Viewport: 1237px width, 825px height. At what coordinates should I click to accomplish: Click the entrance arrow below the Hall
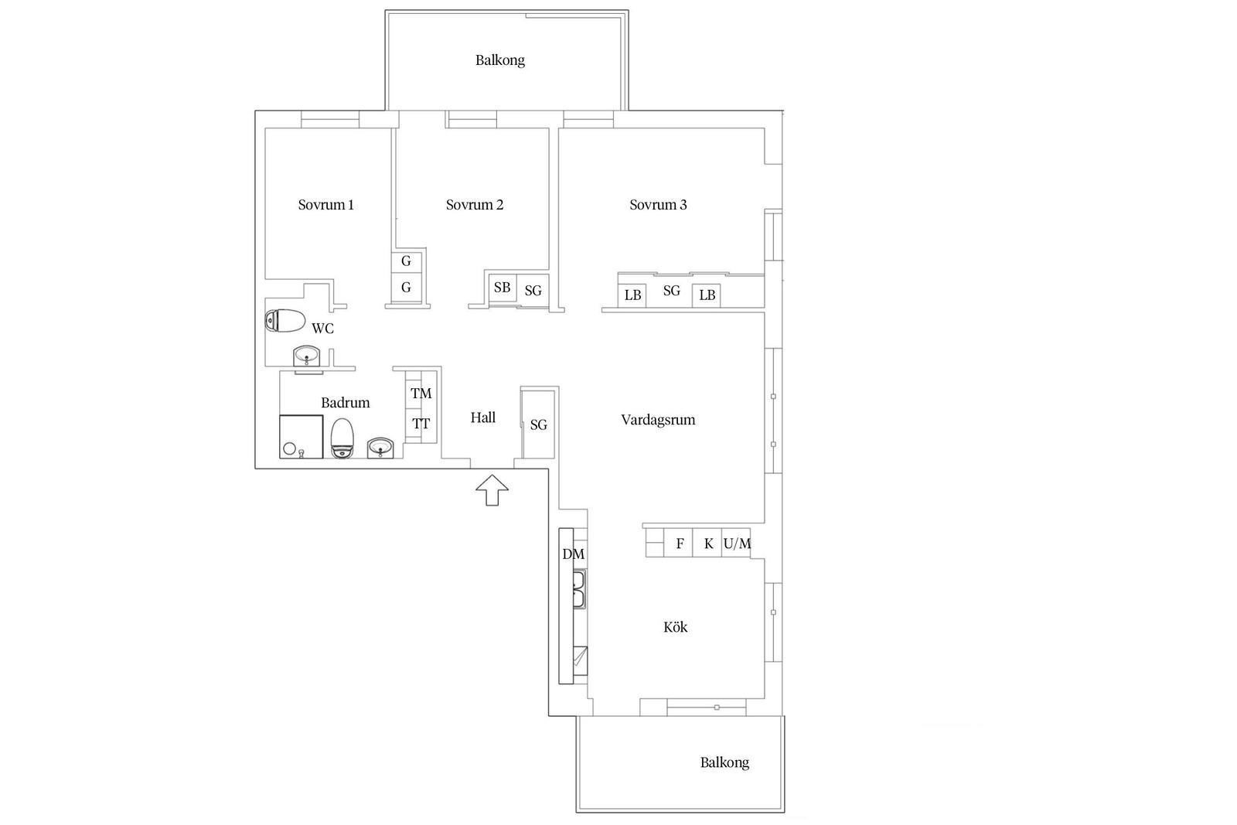coord(492,489)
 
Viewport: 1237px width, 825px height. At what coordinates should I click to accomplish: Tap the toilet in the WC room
coord(285,321)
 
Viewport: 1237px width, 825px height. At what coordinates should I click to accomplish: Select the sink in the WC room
coord(306,356)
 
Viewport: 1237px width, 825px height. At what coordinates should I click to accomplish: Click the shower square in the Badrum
coord(301,436)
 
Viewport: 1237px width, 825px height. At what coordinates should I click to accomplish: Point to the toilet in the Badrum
coord(342,438)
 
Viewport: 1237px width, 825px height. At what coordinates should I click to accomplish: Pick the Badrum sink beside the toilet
coord(380,447)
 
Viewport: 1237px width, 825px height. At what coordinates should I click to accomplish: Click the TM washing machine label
coord(421,394)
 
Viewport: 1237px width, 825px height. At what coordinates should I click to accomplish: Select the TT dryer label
coord(421,424)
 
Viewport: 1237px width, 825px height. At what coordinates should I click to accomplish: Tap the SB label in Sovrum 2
coord(502,287)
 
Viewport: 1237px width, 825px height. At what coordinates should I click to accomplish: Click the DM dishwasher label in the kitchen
coord(573,554)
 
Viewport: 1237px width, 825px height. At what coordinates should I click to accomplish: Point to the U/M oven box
coord(736,544)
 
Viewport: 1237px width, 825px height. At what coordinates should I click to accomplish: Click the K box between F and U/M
coord(707,544)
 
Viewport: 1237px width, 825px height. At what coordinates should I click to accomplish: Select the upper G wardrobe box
coord(407,261)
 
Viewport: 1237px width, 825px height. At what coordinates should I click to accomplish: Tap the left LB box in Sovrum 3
coord(633,295)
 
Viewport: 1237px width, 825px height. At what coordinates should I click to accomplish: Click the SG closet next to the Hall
coord(538,424)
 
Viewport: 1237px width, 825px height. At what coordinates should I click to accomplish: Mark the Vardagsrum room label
coord(658,420)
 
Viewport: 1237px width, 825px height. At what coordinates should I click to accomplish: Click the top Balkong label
coord(499,60)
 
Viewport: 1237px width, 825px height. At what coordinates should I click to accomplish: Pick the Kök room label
coord(676,627)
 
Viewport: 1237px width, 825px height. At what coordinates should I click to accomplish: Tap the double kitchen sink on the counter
coord(579,589)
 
